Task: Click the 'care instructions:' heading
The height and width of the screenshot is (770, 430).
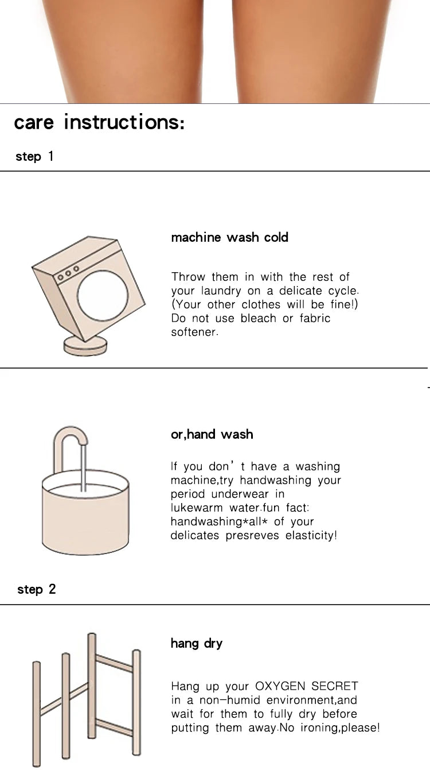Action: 99,122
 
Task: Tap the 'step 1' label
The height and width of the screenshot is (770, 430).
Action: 34,157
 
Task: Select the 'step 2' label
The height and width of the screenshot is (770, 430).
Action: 36,590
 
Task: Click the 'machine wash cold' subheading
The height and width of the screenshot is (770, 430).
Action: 229,237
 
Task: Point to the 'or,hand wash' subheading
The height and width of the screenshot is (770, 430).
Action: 212,435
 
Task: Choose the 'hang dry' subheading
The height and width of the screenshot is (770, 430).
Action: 197,644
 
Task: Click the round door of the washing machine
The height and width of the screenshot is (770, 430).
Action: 103,296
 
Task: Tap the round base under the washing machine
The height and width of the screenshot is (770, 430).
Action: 85,346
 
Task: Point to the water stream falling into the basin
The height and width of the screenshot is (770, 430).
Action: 83,468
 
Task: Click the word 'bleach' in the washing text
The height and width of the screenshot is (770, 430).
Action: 258,318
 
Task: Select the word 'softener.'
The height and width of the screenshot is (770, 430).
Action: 194,332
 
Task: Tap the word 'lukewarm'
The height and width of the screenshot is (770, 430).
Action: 197,508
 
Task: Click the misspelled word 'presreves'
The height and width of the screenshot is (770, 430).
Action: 252,536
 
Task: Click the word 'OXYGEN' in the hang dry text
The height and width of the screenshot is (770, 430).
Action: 280,686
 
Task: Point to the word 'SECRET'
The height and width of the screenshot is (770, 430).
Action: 335,686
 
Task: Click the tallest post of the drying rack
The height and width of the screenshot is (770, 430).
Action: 92,686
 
